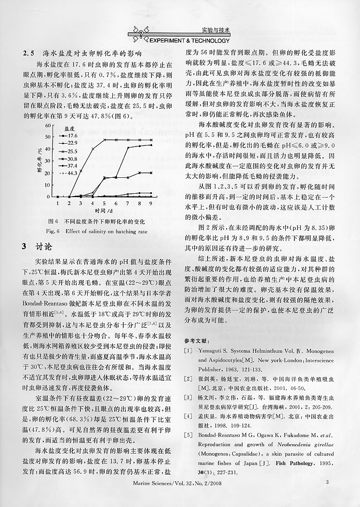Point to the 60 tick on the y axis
[x=47, y=125]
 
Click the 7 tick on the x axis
[x=128, y=203]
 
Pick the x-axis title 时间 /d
[x=104, y=211]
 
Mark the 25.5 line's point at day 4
[x=93, y=149]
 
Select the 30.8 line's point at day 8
[x=140, y=173]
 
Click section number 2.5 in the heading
[x=29, y=53]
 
